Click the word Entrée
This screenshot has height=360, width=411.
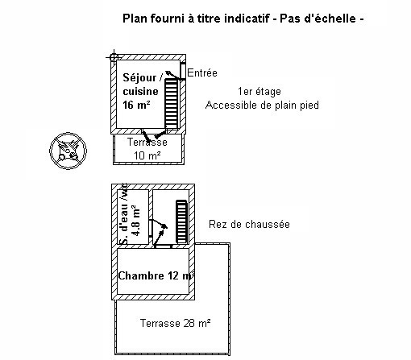tap(202, 72)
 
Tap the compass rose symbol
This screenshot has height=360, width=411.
tap(68, 151)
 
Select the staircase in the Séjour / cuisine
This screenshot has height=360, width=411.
tap(172, 103)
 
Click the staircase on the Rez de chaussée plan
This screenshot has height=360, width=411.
tap(181, 222)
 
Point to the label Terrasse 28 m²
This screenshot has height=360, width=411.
tap(175, 323)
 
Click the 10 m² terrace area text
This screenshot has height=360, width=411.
tap(147, 155)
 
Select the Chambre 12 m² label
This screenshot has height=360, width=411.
tap(156, 275)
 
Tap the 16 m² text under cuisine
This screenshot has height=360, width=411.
tap(136, 105)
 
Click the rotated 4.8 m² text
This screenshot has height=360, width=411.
tap(135, 221)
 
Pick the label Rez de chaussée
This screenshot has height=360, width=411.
tap(249, 224)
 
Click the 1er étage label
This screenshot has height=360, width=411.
tap(259, 92)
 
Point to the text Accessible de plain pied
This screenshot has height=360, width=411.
tap(262, 105)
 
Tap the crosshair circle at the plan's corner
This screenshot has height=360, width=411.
tap(114, 57)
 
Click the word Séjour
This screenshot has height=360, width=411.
tap(139, 78)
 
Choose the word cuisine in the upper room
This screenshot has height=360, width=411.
tap(140, 92)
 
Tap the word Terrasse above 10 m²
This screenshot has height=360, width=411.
tap(147, 142)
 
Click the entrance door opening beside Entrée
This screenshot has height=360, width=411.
tap(183, 71)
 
